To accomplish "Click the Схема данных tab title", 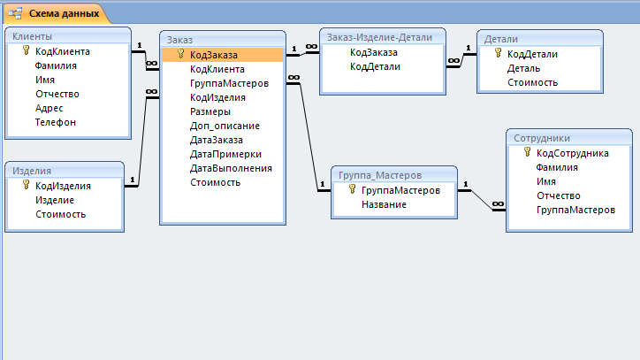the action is coord(64,13).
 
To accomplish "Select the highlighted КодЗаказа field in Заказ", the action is coord(213,55).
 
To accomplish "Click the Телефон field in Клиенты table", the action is coord(56,122).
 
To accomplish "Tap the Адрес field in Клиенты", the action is coord(49,108).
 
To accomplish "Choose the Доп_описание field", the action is coord(225,126).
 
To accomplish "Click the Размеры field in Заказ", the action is coord(210,111).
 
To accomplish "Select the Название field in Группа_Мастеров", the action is coord(384,204).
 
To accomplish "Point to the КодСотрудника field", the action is coord(572,153).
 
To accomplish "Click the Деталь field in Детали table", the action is coord(523,68).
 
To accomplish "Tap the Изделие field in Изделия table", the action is coord(55,200).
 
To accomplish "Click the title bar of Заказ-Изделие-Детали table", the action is coord(383,37).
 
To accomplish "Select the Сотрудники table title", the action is coord(542,138).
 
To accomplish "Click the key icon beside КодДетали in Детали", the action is coord(498,53).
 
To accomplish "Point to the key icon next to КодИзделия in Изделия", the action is coord(27,185).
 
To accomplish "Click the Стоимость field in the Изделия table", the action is coord(60,214).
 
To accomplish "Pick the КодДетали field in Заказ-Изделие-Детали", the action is coord(375,66).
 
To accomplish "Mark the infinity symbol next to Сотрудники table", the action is coord(498,204).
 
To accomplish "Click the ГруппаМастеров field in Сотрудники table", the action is coord(575,210).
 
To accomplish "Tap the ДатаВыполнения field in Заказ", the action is coord(231,168).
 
